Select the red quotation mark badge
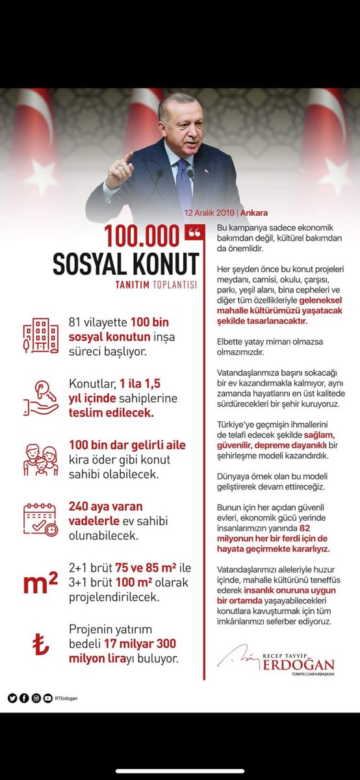point(194,233)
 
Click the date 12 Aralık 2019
point(209,213)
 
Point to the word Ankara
point(254,213)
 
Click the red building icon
point(40,336)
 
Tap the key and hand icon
point(40,396)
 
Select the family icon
point(40,460)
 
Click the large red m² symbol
point(40,583)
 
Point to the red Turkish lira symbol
point(40,644)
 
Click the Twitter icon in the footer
point(12,698)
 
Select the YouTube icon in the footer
point(47,698)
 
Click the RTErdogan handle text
point(66,699)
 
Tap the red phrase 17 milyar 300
point(139,644)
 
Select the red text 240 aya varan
point(105,506)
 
